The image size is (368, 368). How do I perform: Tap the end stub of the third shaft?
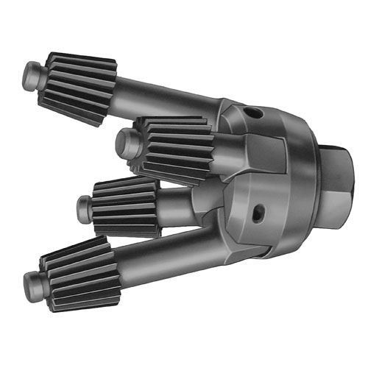point(85,208)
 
